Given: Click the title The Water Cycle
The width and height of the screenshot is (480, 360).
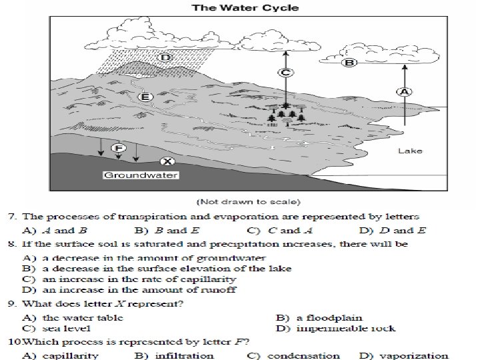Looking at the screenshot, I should point(246,8).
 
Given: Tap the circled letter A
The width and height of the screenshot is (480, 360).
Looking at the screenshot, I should point(404,91).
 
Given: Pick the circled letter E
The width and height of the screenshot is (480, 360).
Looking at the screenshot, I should point(145,97).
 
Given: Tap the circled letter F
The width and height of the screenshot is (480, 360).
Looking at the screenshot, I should point(119,148).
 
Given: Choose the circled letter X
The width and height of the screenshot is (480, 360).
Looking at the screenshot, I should point(167,161).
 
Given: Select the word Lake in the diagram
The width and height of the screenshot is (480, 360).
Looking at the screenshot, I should point(409,151).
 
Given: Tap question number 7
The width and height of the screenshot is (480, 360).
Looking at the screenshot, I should point(11,217).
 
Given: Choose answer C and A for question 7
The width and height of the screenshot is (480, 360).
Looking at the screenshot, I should point(281,231).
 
